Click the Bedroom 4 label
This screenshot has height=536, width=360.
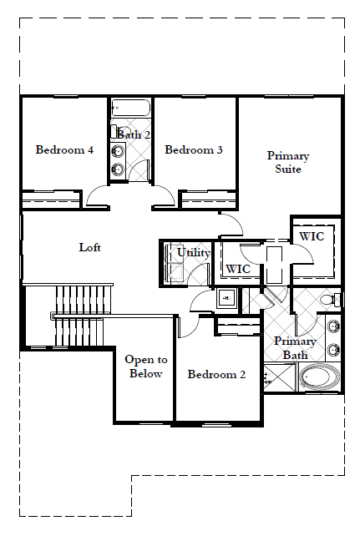64,149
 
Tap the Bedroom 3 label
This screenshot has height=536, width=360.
194,149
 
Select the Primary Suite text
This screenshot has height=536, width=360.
288,162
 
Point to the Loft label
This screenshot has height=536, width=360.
89,247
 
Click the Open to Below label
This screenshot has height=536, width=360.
146,367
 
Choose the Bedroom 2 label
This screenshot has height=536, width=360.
216,374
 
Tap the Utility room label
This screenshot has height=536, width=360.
193,253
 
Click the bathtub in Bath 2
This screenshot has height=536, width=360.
131,108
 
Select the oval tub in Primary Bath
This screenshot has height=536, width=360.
319,377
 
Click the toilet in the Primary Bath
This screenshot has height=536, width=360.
330,300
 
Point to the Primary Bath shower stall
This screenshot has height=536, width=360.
279,377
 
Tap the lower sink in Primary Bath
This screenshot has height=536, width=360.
333,350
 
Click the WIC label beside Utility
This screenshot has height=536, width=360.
238,269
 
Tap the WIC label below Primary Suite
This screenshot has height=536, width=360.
312,236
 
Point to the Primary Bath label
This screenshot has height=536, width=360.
295,348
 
